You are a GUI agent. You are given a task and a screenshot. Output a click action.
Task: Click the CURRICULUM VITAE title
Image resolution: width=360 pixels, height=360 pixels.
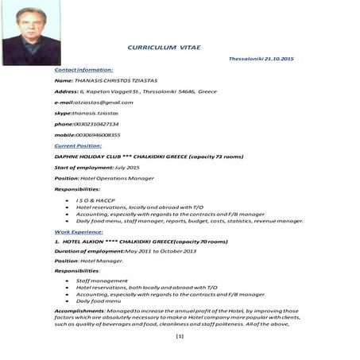164,48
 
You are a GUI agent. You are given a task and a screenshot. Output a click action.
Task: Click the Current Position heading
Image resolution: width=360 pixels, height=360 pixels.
78,145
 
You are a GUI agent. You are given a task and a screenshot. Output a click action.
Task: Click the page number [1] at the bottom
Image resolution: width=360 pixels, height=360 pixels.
180,337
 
